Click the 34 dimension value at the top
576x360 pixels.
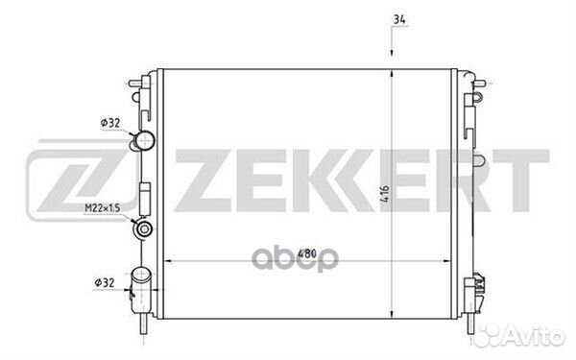(399, 19)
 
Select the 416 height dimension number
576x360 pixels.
(384, 194)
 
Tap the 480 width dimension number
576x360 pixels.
(307, 253)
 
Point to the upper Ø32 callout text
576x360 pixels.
(110, 123)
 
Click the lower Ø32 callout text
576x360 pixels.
(105, 283)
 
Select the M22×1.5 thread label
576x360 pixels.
(103, 208)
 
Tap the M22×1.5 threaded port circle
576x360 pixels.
(143, 228)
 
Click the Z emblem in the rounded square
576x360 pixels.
(80, 180)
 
